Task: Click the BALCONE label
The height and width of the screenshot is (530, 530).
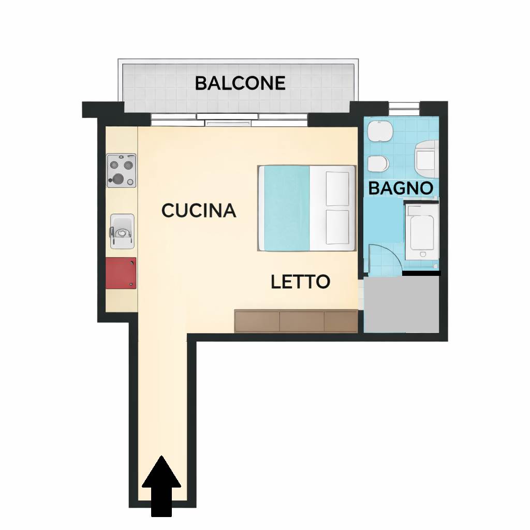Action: pyautogui.click(x=240, y=83)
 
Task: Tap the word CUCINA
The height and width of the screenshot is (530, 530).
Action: pyautogui.click(x=199, y=210)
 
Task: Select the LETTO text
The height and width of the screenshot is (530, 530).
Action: pyautogui.click(x=301, y=282)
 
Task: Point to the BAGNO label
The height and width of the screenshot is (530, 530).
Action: pyautogui.click(x=401, y=188)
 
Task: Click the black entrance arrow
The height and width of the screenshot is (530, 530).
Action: pyautogui.click(x=161, y=486)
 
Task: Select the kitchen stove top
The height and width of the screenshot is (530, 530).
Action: pyautogui.click(x=121, y=170)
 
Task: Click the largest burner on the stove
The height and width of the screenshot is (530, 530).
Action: pyautogui.click(x=119, y=178)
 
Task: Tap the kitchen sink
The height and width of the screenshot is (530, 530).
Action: pyautogui.click(x=122, y=231)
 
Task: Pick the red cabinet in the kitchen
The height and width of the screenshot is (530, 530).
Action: pyautogui.click(x=121, y=273)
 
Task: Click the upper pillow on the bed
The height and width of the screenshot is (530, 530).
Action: pyautogui.click(x=337, y=188)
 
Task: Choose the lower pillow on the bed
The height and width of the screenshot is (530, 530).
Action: pyautogui.click(x=337, y=227)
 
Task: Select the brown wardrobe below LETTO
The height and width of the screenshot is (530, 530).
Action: pyautogui.click(x=296, y=320)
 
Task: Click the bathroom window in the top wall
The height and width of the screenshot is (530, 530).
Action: pyautogui.click(x=404, y=105)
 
